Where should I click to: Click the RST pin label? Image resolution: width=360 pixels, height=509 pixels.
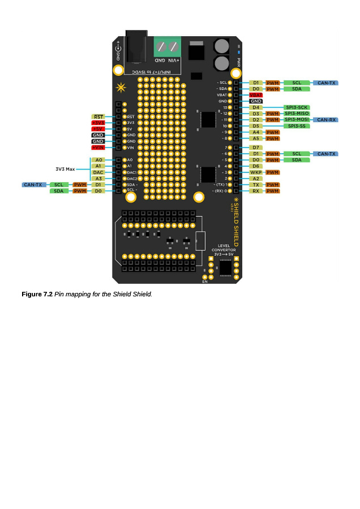pos(98,117)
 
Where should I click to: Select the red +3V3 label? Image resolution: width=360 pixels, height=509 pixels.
pos(98,123)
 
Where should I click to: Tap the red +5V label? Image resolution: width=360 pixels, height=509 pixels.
pos(98,129)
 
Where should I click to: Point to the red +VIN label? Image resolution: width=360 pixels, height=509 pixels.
pos(98,148)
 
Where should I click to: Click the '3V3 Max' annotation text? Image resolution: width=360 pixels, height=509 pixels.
pos(65,169)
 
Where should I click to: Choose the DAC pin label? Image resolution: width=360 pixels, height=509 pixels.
pos(98,172)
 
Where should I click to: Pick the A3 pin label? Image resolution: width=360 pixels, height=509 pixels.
pos(98,178)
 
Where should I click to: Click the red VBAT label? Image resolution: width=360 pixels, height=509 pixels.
pos(256,95)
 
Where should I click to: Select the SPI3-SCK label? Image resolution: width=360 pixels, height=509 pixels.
pos(297,107)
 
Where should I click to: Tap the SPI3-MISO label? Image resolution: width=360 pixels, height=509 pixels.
pos(297,113)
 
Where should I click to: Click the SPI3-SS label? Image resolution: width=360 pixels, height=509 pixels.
pos(297,126)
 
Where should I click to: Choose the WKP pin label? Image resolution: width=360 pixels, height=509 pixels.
pos(256,172)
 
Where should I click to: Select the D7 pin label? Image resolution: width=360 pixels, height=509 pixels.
pos(256,148)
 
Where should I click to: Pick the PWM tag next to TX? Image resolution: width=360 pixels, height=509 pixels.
pos(273,185)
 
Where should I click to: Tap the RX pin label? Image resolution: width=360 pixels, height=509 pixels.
pos(256,191)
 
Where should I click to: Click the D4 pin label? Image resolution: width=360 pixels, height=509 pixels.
pos(256,107)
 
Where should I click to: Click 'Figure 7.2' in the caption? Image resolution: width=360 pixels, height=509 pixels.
pos(37,294)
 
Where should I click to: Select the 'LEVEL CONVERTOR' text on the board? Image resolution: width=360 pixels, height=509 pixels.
pos(224,248)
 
